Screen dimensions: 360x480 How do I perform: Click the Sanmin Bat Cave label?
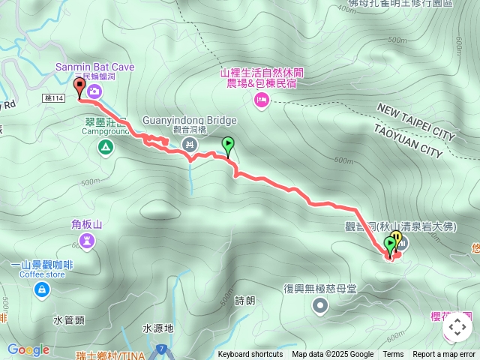pyautogui.click(x=94, y=67)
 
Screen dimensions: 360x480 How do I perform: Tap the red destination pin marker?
pyautogui.click(x=79, y=88)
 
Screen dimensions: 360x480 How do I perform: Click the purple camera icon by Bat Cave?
pyautogui.click(x=94, y=91)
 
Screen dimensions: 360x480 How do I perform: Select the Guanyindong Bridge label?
pyautogui.click(x=189, y=120)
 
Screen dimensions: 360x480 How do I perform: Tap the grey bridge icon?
pyautogui.click(x=189, y=144)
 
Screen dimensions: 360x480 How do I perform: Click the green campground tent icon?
pyautogui.click(x=103, y=146)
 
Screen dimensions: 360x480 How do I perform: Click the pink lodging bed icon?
pyautogui.click(x=261, y=100)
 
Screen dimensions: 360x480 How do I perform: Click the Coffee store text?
pyautogui.click(x=42, y=274)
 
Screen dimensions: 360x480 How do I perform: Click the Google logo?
pyautogui.click(x=28, y=349)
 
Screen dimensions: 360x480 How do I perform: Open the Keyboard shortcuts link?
pyautogui.click(x=250, y=355)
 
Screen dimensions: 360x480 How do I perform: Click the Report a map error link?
pyautogui.click(x=443, y=355)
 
